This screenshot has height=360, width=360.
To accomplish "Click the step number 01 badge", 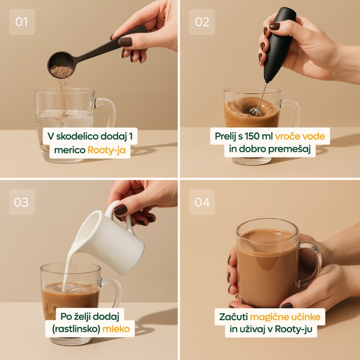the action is [22, 22].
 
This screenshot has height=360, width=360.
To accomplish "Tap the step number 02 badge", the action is [202, 22].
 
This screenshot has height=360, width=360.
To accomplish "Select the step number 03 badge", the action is [22, 202].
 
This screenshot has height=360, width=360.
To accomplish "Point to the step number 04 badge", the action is [202, 202].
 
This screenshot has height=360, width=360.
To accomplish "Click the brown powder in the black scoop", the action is [61, 72].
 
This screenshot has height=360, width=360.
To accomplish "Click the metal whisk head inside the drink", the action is [255, 112].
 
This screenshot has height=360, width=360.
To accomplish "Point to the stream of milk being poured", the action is [68, 271].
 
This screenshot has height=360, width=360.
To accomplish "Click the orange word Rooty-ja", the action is [106, 150].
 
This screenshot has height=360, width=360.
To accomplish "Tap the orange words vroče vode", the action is [300, 136].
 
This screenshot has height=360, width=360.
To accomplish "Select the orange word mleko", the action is [116, 329].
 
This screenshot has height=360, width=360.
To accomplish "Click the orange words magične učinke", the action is [285, 317].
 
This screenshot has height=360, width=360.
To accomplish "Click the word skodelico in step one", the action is [77, 136].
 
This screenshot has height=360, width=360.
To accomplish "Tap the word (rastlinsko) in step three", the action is [76, 329].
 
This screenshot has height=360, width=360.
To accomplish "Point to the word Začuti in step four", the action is [233, 317].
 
